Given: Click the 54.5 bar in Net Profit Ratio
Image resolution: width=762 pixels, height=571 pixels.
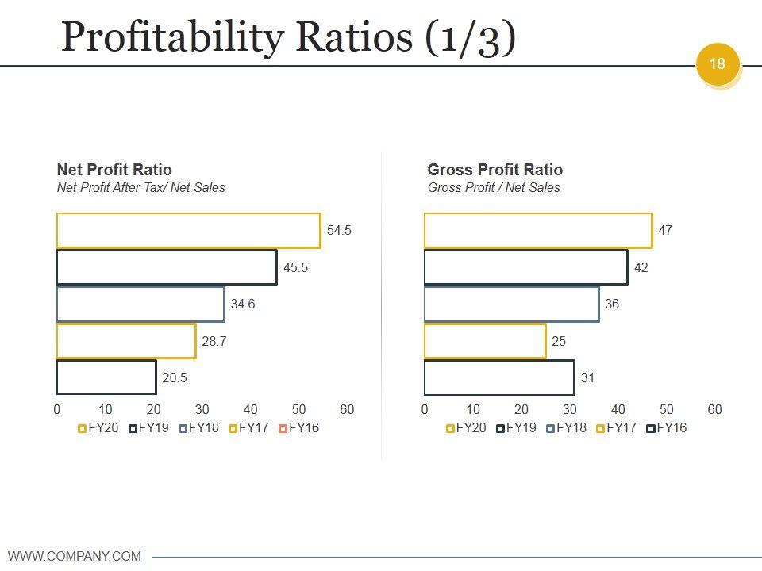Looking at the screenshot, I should [188, 230].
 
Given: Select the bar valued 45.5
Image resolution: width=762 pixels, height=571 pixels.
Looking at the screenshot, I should [167, 267].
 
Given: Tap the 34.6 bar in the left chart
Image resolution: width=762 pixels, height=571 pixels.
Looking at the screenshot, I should [140, 304].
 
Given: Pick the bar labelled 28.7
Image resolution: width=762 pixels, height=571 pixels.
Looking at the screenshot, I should [126, 341].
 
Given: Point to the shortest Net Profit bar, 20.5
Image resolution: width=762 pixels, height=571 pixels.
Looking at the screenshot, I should [106, 377].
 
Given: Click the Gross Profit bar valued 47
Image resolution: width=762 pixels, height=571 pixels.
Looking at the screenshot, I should [538, 230].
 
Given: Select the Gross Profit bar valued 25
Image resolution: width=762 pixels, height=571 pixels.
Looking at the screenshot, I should [485, 341].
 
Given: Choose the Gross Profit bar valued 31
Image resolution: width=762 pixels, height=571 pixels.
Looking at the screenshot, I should [499, 377].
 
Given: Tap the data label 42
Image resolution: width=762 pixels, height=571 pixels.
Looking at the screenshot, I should [641, 267].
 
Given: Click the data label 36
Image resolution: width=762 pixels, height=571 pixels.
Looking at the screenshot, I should [612, 304].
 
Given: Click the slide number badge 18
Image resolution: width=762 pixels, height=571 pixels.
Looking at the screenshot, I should [718, 64].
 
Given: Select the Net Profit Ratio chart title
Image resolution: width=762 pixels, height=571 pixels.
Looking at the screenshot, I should [114, 170].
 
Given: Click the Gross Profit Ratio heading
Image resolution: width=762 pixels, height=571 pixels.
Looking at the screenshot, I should [495, 170].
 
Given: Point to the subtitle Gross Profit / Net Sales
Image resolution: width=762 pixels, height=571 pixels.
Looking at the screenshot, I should [494, 188].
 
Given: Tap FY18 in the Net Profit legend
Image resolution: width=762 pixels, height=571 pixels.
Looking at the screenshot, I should [202, 428].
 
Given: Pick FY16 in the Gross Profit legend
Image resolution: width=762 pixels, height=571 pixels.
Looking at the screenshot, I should [671, 428].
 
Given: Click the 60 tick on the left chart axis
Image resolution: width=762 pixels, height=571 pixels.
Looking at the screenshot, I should [347, 410].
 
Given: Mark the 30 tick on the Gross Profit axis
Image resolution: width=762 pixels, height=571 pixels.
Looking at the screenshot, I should [570, 410].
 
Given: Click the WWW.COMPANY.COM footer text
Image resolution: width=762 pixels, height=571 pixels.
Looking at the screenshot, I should [75, 556].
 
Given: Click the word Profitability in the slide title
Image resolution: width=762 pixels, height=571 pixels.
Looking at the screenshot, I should [172, 38].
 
